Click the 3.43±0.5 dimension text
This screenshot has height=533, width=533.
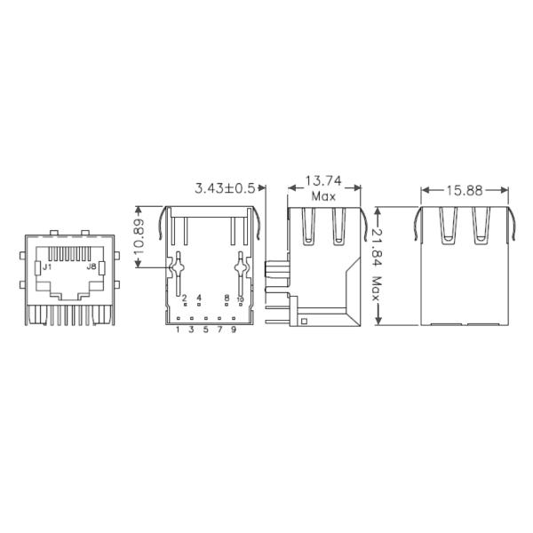point(225,187)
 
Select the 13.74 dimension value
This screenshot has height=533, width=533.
point(323,180)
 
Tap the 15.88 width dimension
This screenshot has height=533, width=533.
point(465,189)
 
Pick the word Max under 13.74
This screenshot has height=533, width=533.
point(323,195)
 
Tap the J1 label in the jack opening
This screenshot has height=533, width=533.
point(47,266)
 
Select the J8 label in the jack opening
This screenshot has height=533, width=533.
point(90,266)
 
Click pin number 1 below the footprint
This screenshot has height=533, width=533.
point(178,330)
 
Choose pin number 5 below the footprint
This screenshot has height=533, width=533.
point(205,330)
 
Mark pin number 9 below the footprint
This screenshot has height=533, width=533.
point(233,330)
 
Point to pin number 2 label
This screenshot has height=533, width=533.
point(185,298)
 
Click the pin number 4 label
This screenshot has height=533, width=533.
point(199,298)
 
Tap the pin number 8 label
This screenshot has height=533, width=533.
point(227,298)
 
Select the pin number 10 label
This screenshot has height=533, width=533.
point(240,298)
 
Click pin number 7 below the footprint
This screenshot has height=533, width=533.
point(219,330)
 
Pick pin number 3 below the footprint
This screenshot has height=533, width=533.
point(192,330)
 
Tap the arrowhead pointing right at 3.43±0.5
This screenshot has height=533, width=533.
point(263,188)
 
